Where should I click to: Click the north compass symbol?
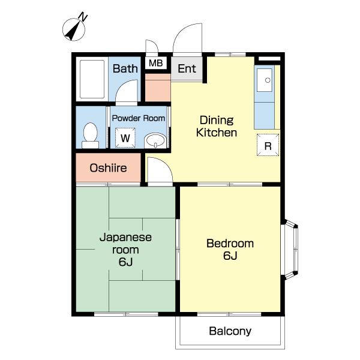click(74, 29)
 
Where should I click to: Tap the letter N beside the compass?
click(83, 17)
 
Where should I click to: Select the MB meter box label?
click(155, 63)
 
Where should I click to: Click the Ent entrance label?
click(187, 68)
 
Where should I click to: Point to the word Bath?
click(125, 68)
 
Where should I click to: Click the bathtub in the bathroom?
click(92, 79)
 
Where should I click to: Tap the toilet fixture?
click(90, 136)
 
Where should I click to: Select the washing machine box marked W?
click(125, 138)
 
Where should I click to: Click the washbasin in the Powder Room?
click(155, 140)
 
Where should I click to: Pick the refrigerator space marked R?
click(268, 145)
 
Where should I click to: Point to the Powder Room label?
click(139, 118)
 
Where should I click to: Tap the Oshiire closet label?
click(108, 168)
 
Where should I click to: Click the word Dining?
click(217, 121)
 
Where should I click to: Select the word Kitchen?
click(217, 133)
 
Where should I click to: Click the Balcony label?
click(230, 331)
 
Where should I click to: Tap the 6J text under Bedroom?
click(230, 256)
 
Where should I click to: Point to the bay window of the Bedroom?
click(290, 250)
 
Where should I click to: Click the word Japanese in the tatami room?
click(125, 238)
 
